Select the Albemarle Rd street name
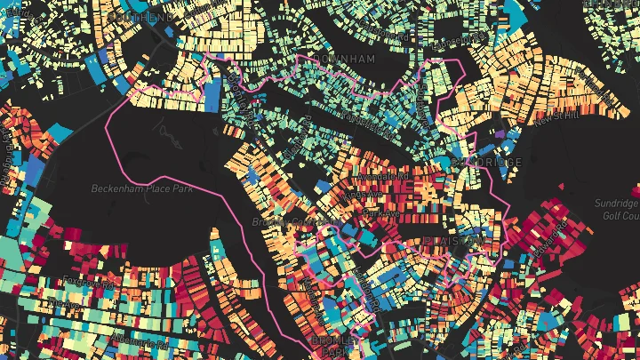click(115, 339)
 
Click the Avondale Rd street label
click(383, 175)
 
